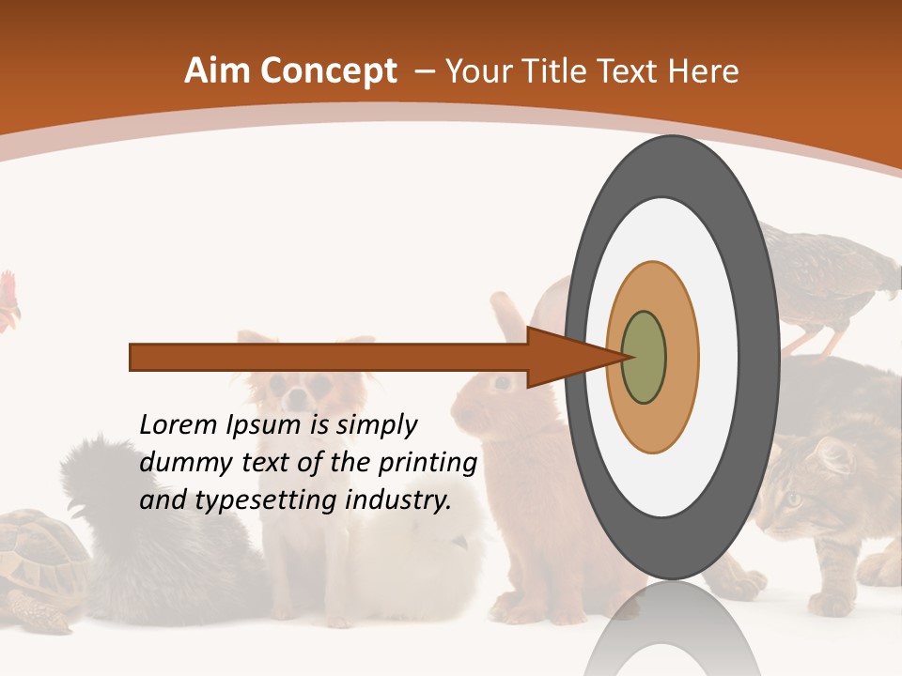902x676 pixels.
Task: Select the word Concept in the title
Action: point(328,71)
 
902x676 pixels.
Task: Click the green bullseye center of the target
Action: point(644,358)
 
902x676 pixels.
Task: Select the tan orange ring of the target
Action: point(653,422)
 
